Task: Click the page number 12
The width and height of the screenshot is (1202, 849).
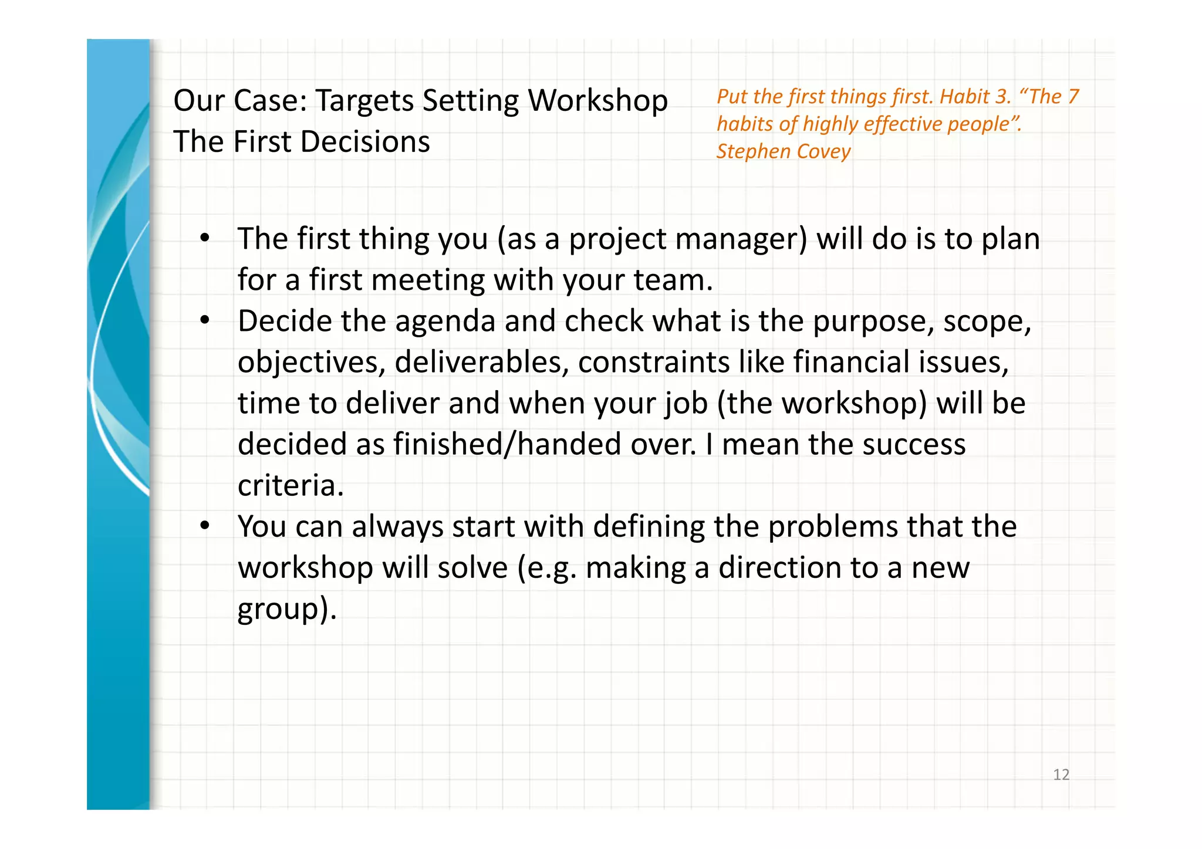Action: pos(1061,774)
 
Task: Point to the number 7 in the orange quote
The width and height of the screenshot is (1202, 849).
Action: pos(1073,97)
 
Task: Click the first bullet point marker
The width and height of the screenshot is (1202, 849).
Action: pos(204,239)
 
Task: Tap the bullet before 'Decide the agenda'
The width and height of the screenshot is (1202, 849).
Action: pos(204,321)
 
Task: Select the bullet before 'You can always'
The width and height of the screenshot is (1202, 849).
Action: pos(204,526)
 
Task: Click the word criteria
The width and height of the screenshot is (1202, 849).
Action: pos(290,486)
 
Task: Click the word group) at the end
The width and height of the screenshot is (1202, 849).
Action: pos(286,609)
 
